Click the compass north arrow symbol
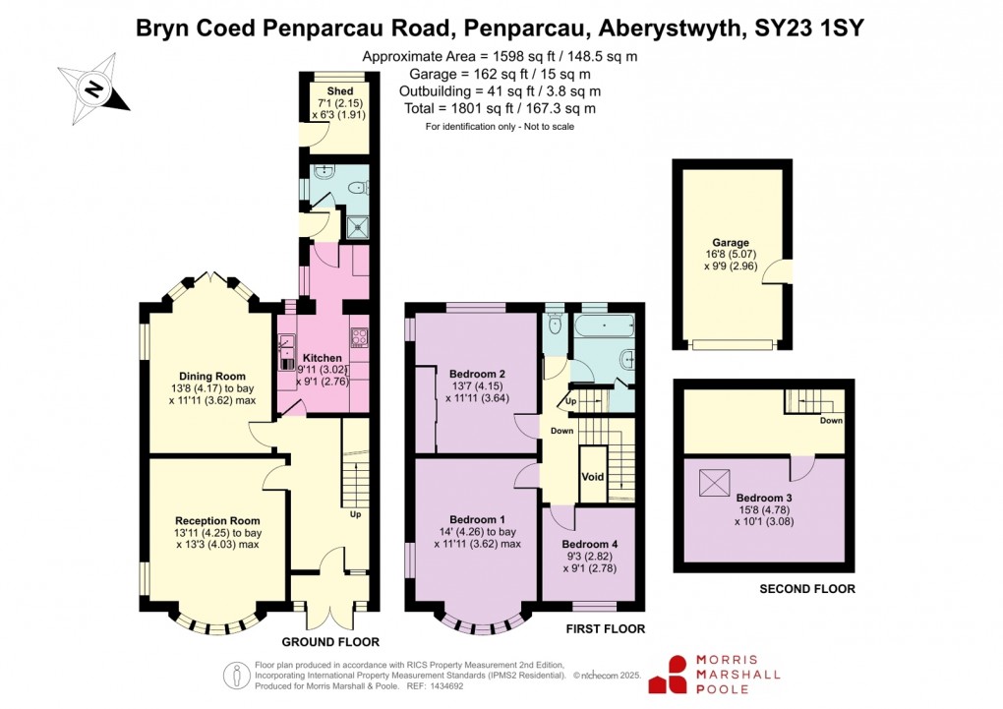[x=93, y=89]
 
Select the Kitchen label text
[x=323, y=358]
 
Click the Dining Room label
[x=211, y=376]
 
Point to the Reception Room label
[x=217, y=520]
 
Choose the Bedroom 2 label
[x=477, y=374]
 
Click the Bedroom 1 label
[x=477, y=519]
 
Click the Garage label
[x=731, y=243]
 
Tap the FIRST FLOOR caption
[x=605, y=628]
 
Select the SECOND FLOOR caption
[x=806, y=589]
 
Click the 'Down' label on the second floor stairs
[x=831, y=420]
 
